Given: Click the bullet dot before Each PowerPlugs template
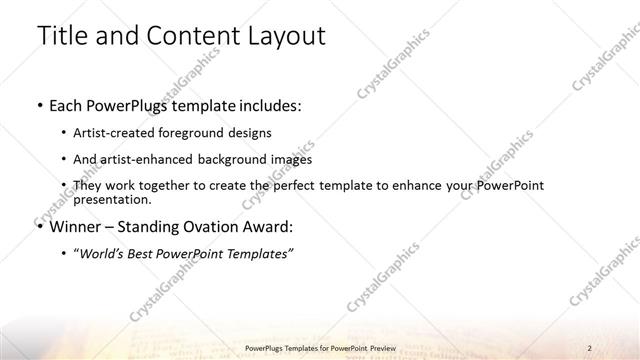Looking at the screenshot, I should [x=39, y=105].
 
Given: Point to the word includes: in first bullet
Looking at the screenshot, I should [x=269, y=105].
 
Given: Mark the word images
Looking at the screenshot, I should [x=291, y=159].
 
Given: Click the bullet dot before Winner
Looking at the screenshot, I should [x=39, y=226].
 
